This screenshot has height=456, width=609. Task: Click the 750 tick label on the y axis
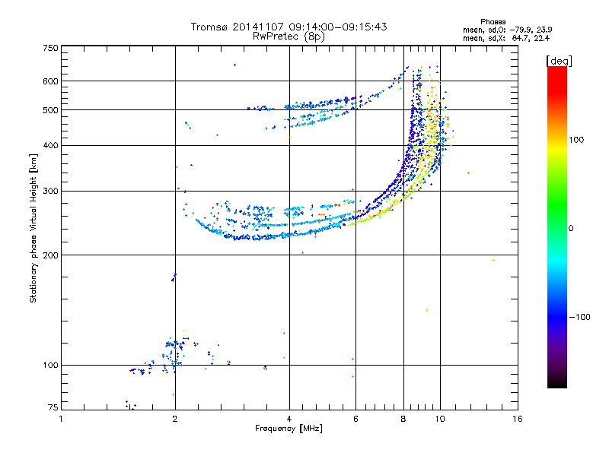50,47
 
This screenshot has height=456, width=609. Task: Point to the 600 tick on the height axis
50,81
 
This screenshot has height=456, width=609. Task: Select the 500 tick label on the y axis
50,110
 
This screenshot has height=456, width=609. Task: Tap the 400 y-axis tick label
50,145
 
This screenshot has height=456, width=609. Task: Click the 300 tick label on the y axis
50,192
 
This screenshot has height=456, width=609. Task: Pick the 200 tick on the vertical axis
50,255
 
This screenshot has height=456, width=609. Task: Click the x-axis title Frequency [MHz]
289,429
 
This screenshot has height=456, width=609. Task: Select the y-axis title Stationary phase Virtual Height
33,228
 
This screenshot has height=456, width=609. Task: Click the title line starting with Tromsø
289,27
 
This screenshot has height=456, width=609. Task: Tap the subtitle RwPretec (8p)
289,36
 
